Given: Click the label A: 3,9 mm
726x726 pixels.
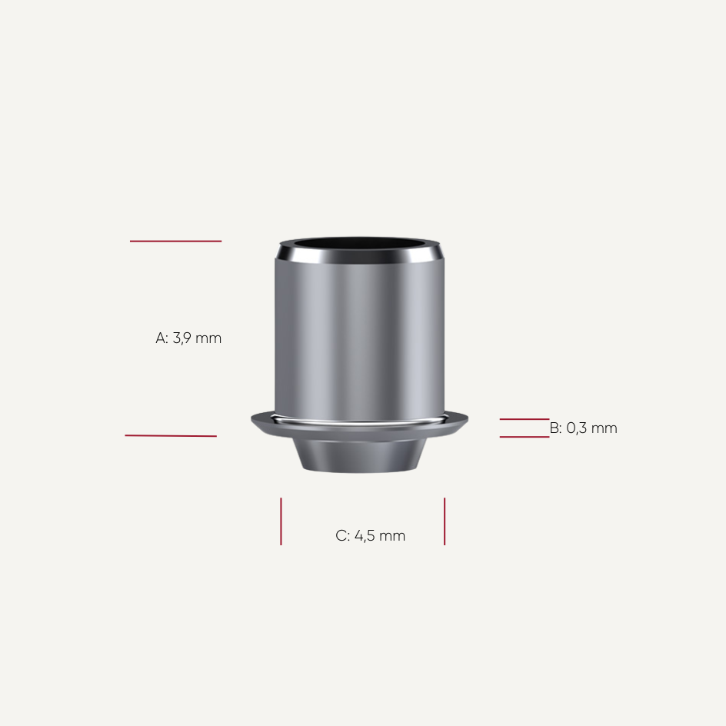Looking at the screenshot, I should pyautogui.click(x=188, y=338).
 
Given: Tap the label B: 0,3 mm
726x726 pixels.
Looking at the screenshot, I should pyautogui.click(x=583, y=428).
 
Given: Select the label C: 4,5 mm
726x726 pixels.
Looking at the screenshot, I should pyautogui.click(x=370, y=536).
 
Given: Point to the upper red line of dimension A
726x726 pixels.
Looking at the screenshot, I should pyautogui.click(x=175, y=241).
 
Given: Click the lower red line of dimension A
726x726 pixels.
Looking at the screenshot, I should pyautogui.click(x=171, y=436).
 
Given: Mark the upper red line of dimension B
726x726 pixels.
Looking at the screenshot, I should pyautogui.click(x=524, y=419).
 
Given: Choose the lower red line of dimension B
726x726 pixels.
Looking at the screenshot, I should pyautogui.click(x=524, y=437).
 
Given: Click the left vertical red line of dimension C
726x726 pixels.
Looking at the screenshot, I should pyautogui.click(x=281, y=521).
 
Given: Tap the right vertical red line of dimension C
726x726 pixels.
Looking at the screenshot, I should pyautogui.click(x=445, y=521).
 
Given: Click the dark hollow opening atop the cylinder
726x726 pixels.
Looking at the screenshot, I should pyautogui.click(x=360, y=248).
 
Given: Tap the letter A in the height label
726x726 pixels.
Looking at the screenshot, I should pyautogui.click(x=161, y=338).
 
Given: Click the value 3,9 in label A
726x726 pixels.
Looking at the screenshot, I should pyautogui.click(x=182, y=338).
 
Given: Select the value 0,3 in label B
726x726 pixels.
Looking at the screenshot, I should pyautogui.click(x=577, y=428).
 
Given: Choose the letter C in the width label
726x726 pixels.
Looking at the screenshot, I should pyautogui.click(x=341, y=536).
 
